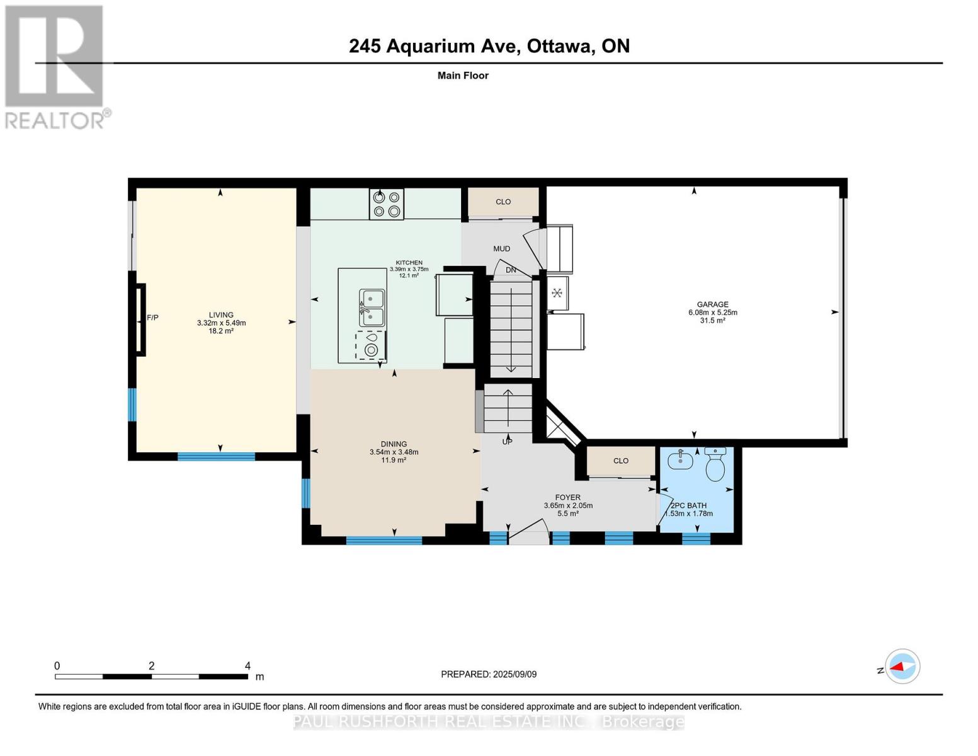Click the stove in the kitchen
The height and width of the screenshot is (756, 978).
386,204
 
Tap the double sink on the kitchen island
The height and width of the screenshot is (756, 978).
372,308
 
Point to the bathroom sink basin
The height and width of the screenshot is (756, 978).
680,459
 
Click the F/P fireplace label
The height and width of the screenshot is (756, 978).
152,318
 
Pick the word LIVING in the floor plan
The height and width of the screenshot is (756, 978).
221,315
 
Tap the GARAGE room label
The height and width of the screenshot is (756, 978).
712,304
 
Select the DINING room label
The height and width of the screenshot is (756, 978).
394,444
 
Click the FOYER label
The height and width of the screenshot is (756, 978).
567,498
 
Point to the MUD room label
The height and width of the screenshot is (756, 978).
501,249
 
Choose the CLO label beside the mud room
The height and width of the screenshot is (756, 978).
503,202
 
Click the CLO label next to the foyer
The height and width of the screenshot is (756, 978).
621,461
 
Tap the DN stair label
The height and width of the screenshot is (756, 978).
511,270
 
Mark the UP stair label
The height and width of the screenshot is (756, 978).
507,442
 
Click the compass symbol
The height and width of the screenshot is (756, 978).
902,667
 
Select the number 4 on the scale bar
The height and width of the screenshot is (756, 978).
247,665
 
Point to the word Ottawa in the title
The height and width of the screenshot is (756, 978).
559,47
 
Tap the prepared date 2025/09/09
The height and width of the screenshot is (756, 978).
515,674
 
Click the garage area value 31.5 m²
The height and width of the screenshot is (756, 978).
712,320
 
